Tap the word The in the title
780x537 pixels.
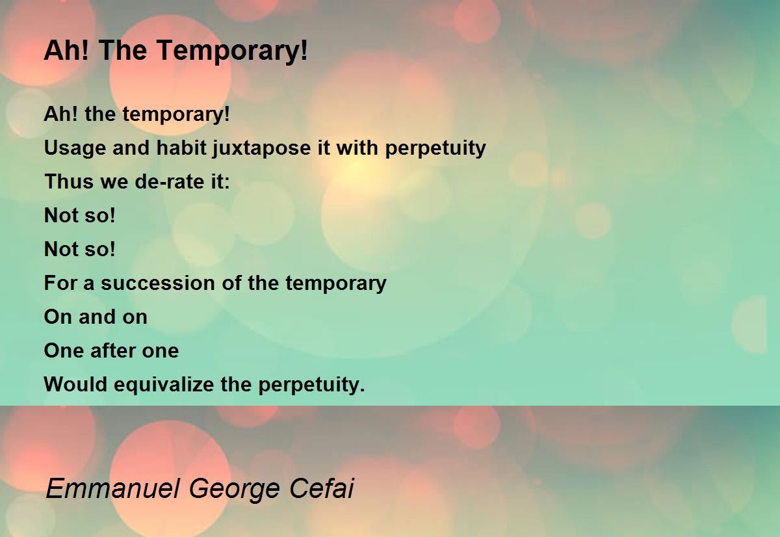[123, 50]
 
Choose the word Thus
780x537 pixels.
[69, 181]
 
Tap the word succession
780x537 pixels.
[158, 283]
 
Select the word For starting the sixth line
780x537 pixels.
[60, 283]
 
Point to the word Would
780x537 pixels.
[75, 384]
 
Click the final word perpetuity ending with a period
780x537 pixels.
[311, 385]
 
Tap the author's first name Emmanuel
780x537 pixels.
[113, 488]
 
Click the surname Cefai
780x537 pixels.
[322, 488]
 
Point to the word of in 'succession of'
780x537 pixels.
[231, 282]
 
